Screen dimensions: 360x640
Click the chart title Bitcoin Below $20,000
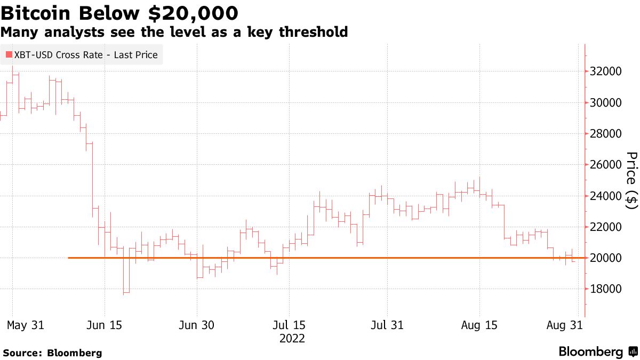[x=119, y=12]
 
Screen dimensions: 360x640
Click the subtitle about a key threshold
[x=174, y=32]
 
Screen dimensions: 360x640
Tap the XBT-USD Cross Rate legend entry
[x=81, y=55]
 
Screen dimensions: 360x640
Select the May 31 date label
[x=25, y=325]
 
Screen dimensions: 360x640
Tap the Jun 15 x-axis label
[x=104, y=325]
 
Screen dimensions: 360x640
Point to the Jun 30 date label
[x=197, y=325]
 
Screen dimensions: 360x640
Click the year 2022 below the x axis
[x=292, y=339]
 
